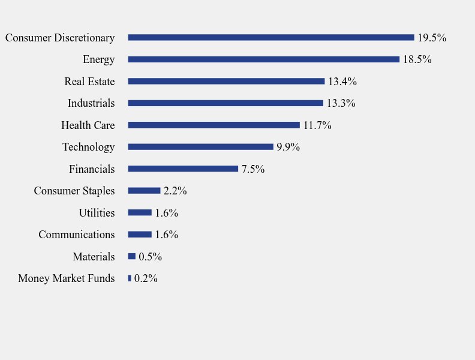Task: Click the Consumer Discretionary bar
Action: [x=271, y=37]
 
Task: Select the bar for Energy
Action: [x=263, y=59]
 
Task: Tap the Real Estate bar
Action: [x=226, y=81]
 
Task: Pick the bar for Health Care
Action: [x=214, y=125]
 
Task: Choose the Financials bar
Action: [x=183, y=169]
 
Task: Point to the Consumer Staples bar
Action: [x=144, y=191]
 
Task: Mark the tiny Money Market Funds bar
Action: [x=130, y=278]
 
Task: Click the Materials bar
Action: [x=132, y=256]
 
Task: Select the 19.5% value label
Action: [x=432, y=38]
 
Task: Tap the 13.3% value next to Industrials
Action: [x=341, y=103]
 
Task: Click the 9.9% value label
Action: [x=288, y=147]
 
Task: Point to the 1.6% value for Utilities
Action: [x=166, y=213]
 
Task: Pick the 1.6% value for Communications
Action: [x=166, y=235]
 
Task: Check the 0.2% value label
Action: [x=146, y=278]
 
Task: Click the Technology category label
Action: [x=88, y=147]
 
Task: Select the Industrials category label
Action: [x=91, y=103]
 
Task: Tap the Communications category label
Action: [x=76, y=235]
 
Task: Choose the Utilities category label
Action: [x=97, y=213]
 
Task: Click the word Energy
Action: [x=98, y=59]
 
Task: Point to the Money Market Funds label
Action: [x=66, y=278]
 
